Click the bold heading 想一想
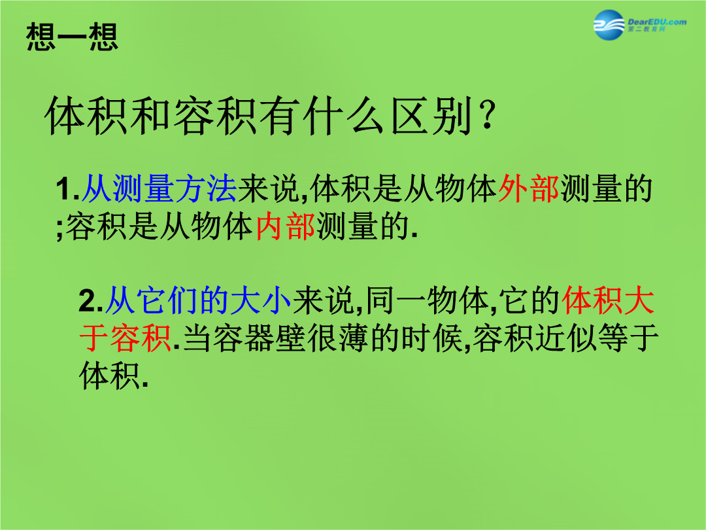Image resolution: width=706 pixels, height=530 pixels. click(72, 37)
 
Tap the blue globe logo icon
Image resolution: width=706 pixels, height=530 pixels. click(609, 25)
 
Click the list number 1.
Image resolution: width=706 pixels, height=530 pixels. click(67, 189)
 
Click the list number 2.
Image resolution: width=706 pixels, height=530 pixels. click(90, 300)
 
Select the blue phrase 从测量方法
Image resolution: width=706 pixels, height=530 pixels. click(159, 188)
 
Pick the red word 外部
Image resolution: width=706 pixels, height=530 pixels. click(529, 188)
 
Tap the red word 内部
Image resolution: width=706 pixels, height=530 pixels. click(286, 226)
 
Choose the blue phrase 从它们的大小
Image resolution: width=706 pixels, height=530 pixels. click(198, 300)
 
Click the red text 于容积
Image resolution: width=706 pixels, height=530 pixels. click(125, 338)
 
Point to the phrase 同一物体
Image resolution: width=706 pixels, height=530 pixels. click(427, 300)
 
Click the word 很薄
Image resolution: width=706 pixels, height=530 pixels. click(339, 338)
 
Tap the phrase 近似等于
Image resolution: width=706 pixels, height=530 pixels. click(597, 338)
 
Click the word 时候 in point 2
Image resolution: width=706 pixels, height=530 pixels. click(431, 338)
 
